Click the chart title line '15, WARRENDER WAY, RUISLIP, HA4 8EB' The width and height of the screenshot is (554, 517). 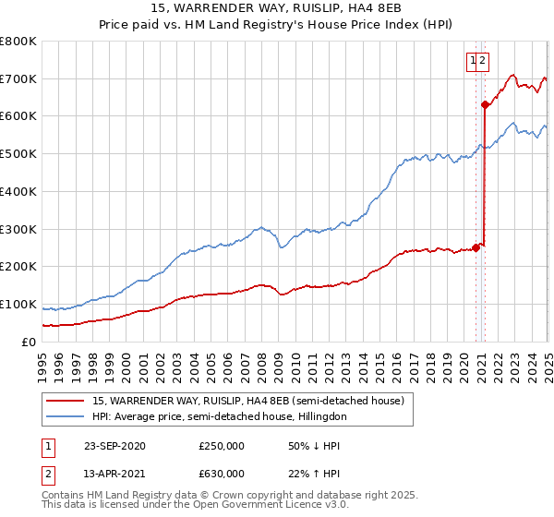[276, 8]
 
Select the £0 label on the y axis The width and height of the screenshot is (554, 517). [29, 342]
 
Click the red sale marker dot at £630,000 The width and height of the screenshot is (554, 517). [485, 104]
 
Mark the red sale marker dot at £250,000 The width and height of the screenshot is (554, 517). [476, 246]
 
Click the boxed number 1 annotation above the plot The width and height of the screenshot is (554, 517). [474, 62]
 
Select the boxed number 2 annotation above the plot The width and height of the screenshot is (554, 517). [484, 62]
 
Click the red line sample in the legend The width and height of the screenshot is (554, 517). [66, 402]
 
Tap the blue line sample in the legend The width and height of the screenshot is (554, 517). [66, 417]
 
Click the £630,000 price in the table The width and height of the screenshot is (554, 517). [222, 474]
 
